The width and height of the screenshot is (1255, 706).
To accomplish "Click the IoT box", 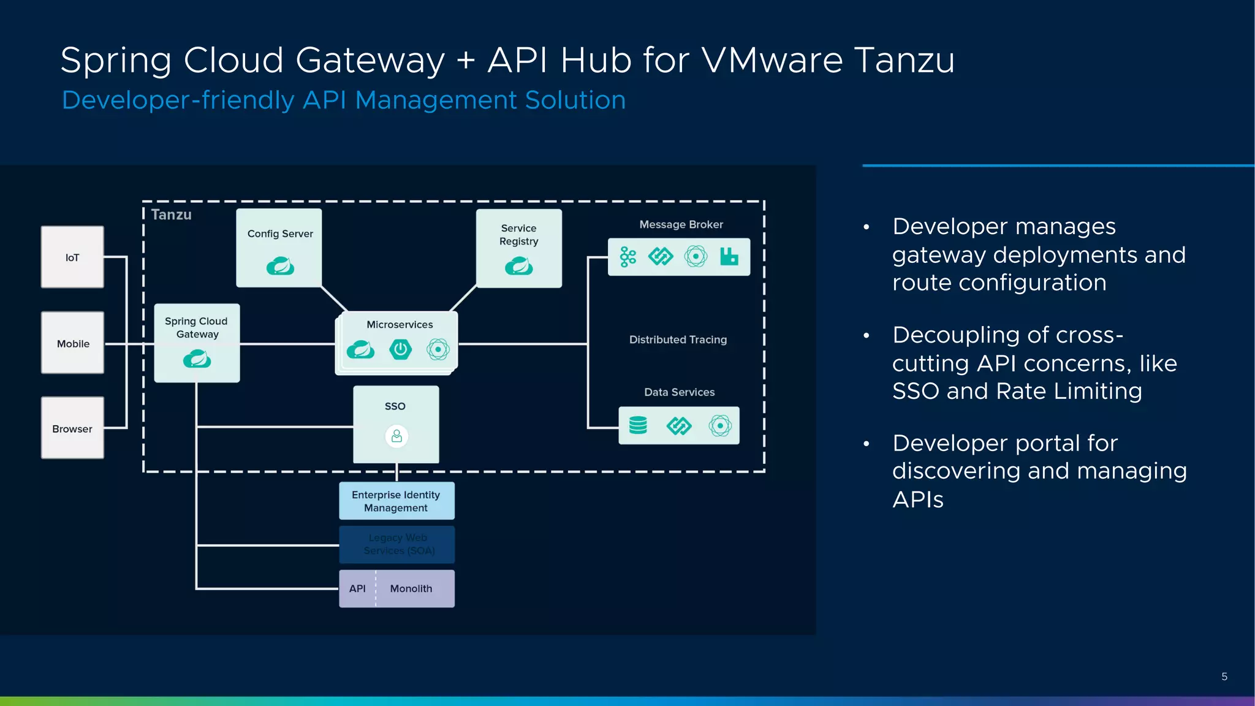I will [x=72, y=257].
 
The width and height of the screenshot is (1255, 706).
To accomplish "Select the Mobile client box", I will [x=72, y=343].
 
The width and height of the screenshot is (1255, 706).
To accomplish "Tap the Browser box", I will [x=72, y=428].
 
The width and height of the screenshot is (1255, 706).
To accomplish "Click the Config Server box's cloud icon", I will [x=280, y=266].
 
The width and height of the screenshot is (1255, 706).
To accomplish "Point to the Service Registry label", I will [x=518, y=235].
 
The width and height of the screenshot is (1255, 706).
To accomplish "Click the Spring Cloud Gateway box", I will [x=197, y=343].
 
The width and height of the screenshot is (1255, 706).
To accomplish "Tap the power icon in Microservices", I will [x=400, y=349].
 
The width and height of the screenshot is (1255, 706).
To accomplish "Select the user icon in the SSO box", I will [x=396, y=436].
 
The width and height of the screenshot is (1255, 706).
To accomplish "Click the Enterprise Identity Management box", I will [x=396, y=501].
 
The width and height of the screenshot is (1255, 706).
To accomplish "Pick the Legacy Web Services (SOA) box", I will [x=397, y=544].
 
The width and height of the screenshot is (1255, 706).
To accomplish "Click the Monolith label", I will [x=411, y=588].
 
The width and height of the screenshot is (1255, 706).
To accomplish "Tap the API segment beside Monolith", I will [x=357, y=588].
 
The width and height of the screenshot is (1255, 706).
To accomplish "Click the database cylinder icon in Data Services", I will [x=638, y=425].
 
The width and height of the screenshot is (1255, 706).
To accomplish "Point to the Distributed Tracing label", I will [x=678, y=340].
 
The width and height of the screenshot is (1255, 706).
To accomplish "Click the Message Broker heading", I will [x=681, y=224].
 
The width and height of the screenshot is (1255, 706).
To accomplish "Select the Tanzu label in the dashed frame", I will [x=171, y=214].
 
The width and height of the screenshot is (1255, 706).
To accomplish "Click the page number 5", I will [x=1224, y=677].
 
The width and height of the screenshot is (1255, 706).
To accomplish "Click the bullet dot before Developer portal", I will [x=866, y=444].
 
